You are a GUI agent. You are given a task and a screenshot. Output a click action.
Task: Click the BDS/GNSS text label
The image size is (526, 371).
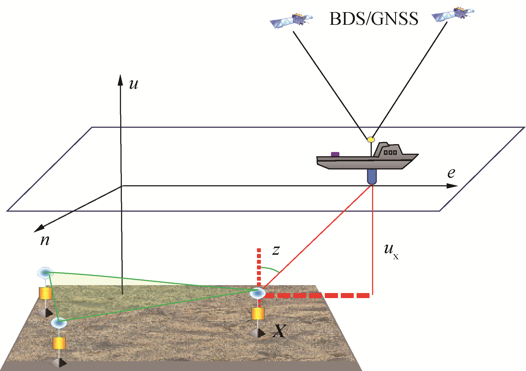[x=373, y=19]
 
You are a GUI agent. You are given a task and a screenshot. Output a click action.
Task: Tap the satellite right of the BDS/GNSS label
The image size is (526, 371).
[x=453, y=14]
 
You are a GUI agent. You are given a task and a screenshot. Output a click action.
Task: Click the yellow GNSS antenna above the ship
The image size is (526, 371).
[x=371, y=139]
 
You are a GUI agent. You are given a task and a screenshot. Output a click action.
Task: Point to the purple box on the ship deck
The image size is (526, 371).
[x=335, y=154]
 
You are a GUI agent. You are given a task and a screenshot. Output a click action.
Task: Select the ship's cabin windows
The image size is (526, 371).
[x=390, y=153]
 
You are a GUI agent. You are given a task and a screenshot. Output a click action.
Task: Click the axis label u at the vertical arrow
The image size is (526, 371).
[x=133, y=84]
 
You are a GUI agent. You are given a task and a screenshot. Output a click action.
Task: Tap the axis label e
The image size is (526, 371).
[x=451, y=173]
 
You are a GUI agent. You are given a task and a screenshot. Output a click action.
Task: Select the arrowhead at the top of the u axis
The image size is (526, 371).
[x=120, y=80]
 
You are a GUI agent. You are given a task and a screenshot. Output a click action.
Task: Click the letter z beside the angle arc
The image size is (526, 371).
[x=276, y=250]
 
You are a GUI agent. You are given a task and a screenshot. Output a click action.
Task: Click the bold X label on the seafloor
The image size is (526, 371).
[x=279, y=331]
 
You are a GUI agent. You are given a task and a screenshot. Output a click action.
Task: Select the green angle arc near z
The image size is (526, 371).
[x=270, y=269]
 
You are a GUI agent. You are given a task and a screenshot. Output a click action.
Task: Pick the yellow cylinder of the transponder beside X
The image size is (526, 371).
[x=258, y=314]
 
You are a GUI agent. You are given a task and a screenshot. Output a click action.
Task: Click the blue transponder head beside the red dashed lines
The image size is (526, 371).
[x=258, y=293]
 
